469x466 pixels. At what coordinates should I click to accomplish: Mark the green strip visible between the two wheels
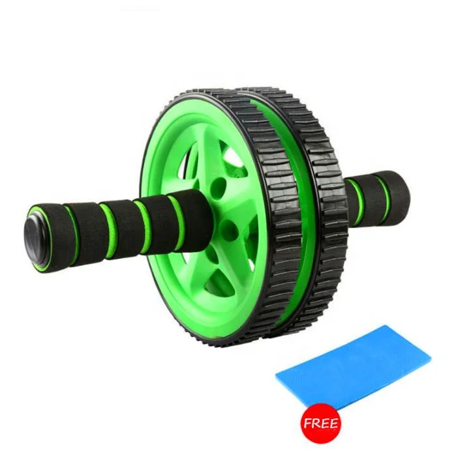297,215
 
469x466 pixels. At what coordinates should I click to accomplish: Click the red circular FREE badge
320,424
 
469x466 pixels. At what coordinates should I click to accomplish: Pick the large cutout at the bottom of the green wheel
196,280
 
